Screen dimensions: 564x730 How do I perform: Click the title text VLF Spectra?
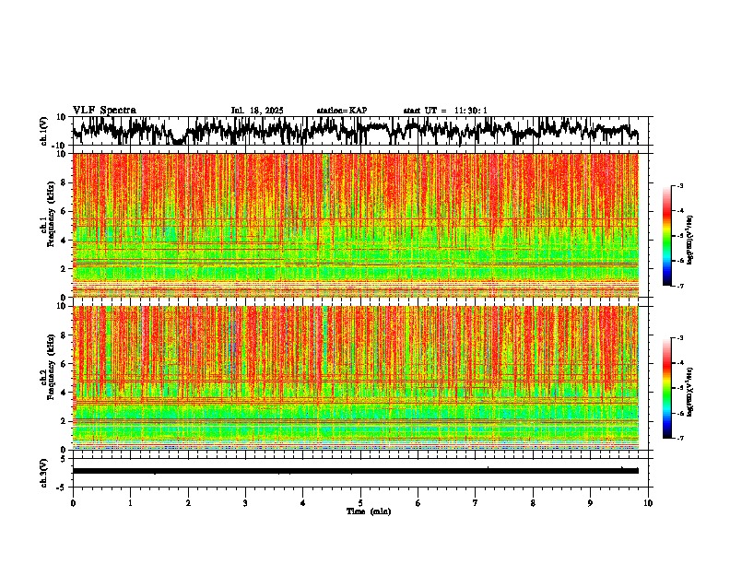click(x=104, y=110)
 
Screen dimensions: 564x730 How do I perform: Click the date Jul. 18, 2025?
click(x=257, y=111)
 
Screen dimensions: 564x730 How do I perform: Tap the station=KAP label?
click(x=342, y=111)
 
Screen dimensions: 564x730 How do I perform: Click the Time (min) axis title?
click(x=368, y=511)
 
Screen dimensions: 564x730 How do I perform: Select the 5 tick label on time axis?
click(x=360, y=502)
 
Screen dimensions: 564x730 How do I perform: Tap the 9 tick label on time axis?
click(x=591, y=502)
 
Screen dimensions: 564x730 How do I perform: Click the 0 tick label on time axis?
click(x=73, y=502)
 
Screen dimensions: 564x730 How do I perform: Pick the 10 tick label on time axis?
click(x=648, y=502)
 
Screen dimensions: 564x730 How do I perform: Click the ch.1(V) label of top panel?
click(x=44, y=131)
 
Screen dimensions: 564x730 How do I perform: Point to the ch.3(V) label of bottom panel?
click(x=44, y=471)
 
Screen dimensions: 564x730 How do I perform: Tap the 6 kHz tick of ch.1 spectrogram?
click(x=65, y=211)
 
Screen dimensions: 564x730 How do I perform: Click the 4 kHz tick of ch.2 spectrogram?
click(x=65, y=392)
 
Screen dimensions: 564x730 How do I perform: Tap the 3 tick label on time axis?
click(x=245, y=502)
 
